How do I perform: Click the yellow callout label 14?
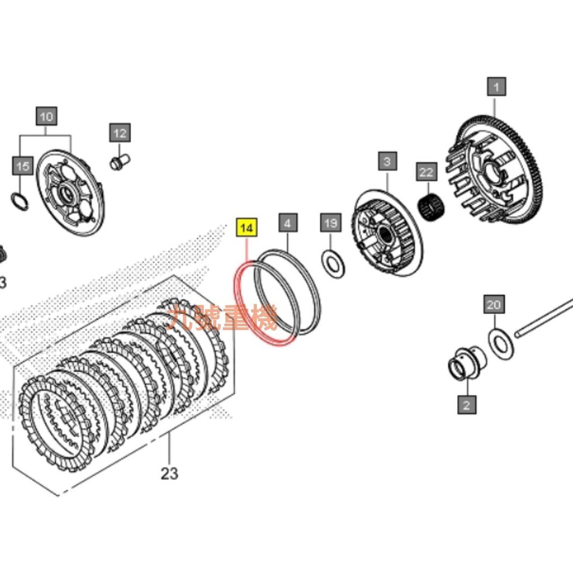[x=247, y=228]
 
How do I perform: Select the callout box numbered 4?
[x=288, y=223]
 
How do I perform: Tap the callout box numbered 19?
[x=330, y=223]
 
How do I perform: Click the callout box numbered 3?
[x=387, y=162]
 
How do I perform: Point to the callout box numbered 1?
[x=496, y=87]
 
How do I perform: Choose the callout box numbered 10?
[x=46, y=116]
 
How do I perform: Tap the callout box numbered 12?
[x=120, y=133]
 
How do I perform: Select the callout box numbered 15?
[x=21, y=166]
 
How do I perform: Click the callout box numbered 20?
[x=493, y=305]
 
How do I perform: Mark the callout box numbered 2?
[x=467, y=403]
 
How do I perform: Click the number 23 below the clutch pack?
[x=169, y=473]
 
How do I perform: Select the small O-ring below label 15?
[x=20, y=201]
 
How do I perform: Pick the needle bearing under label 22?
[x=431, y=207]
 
